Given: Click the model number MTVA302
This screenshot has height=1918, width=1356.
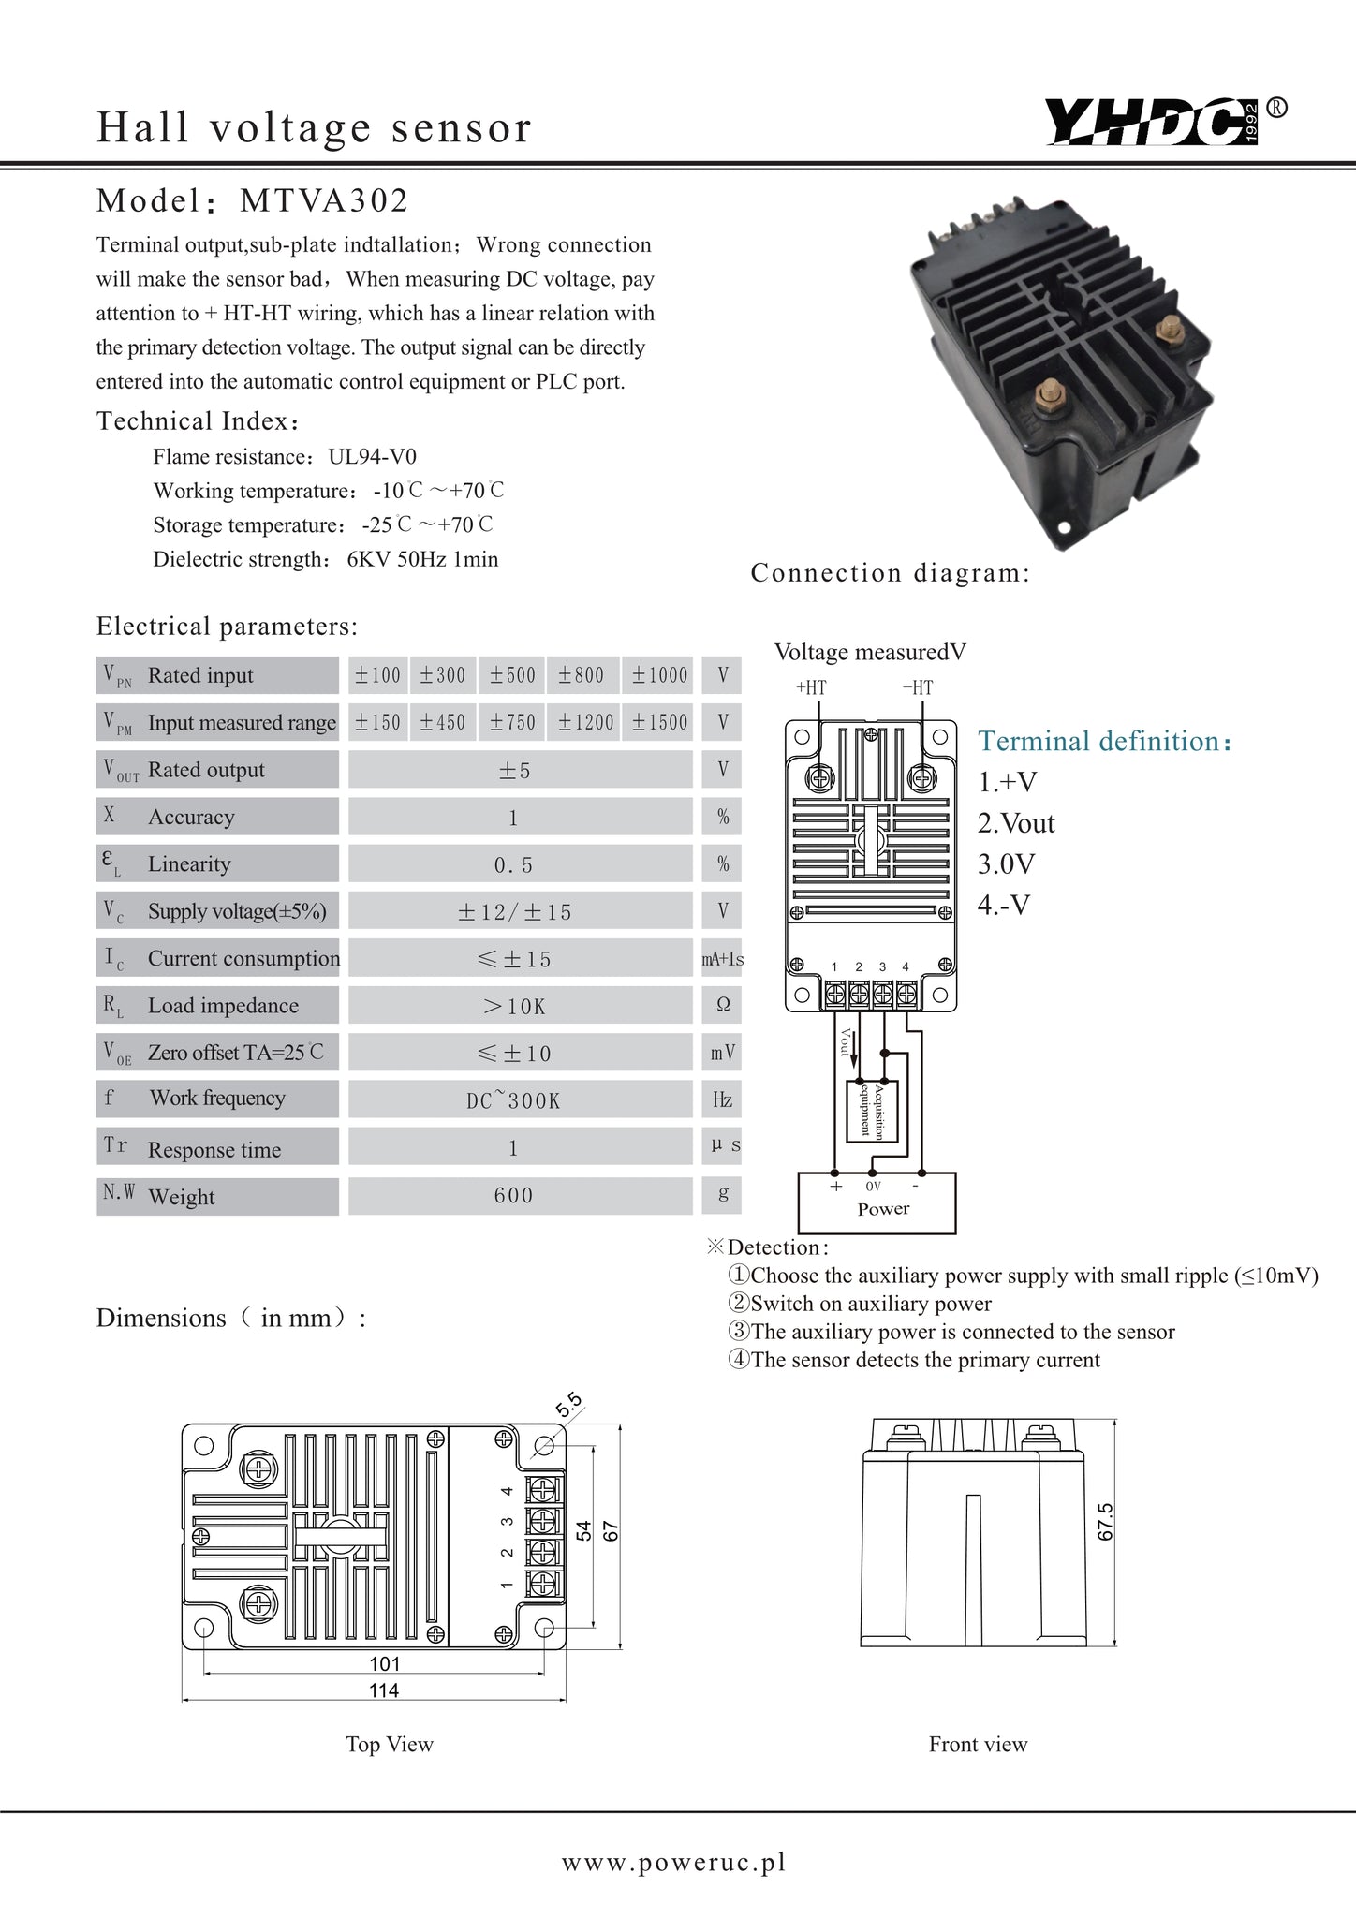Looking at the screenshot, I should tap(324, 200).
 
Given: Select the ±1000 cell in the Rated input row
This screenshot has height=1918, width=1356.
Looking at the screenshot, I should tap(659, 675).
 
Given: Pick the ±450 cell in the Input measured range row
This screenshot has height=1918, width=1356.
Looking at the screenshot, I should tap(442, 722).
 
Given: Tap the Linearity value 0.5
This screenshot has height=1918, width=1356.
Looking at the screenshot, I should tap(513, 864).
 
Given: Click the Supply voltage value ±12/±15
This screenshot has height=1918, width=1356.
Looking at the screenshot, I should tap(514, 911).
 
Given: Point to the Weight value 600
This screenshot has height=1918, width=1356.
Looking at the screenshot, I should tap(513, 1195).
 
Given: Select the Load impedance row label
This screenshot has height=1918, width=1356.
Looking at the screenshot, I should tap(223, 1006).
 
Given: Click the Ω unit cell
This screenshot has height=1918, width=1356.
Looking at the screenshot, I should tap(722, 1005).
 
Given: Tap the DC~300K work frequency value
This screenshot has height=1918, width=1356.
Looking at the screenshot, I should tap(513, 1100).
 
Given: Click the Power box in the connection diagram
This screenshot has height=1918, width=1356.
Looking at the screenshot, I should tap(877, 1204).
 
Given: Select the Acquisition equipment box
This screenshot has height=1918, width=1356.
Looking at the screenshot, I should tap(872, 1111).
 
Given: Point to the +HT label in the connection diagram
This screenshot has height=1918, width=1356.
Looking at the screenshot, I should tap(811, 687).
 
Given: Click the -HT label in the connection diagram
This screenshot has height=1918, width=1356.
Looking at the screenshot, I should tap(918, 687).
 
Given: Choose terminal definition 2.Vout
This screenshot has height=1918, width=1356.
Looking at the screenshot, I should tap(1016, 823).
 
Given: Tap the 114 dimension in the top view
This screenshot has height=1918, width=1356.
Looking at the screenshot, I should tap(384, 1690).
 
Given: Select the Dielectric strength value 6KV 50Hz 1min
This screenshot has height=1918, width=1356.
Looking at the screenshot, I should tap(422, 560).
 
